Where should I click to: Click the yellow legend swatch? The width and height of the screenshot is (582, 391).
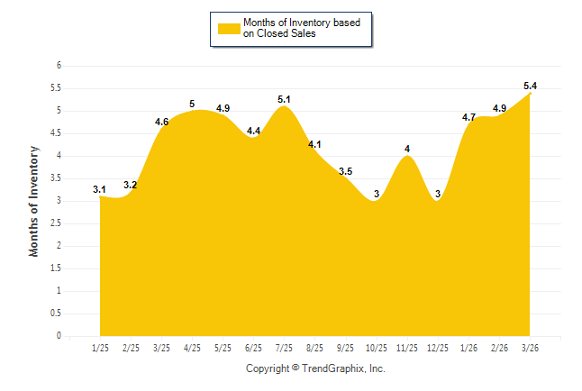(x=229, y=28)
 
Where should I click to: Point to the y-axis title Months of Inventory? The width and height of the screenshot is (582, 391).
(x=34, y=201)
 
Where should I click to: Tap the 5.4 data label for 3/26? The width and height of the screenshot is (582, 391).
(x=531, y=86)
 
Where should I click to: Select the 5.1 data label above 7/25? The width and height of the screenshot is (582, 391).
(x=284, y=99)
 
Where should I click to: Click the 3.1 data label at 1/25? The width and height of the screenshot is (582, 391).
(x=99, y=189)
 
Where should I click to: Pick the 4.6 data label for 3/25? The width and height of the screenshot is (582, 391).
(x=162, y=122)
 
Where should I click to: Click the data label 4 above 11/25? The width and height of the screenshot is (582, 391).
(x=407, y=149)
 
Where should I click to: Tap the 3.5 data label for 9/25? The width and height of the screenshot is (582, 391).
(x=346, y=171)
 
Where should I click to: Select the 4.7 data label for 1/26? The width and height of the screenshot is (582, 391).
(x=468, y=117)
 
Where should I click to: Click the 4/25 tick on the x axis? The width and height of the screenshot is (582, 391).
(x=192, y=348)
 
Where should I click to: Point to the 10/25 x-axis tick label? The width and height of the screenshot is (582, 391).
(x=377, y=348)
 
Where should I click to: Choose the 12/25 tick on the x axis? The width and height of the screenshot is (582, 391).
(x=438, y=348)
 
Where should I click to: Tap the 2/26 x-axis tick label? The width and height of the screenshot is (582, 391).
(x=499, y=348)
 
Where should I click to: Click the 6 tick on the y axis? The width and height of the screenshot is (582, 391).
(x=59, y=66)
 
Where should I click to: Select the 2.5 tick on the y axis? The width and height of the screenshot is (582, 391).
(x=56, y=223)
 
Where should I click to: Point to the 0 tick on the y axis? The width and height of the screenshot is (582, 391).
(x=59, y=336)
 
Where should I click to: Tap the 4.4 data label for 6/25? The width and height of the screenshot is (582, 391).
(x=253, y=132)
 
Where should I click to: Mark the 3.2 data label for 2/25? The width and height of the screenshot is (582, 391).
(x=131, y=185)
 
